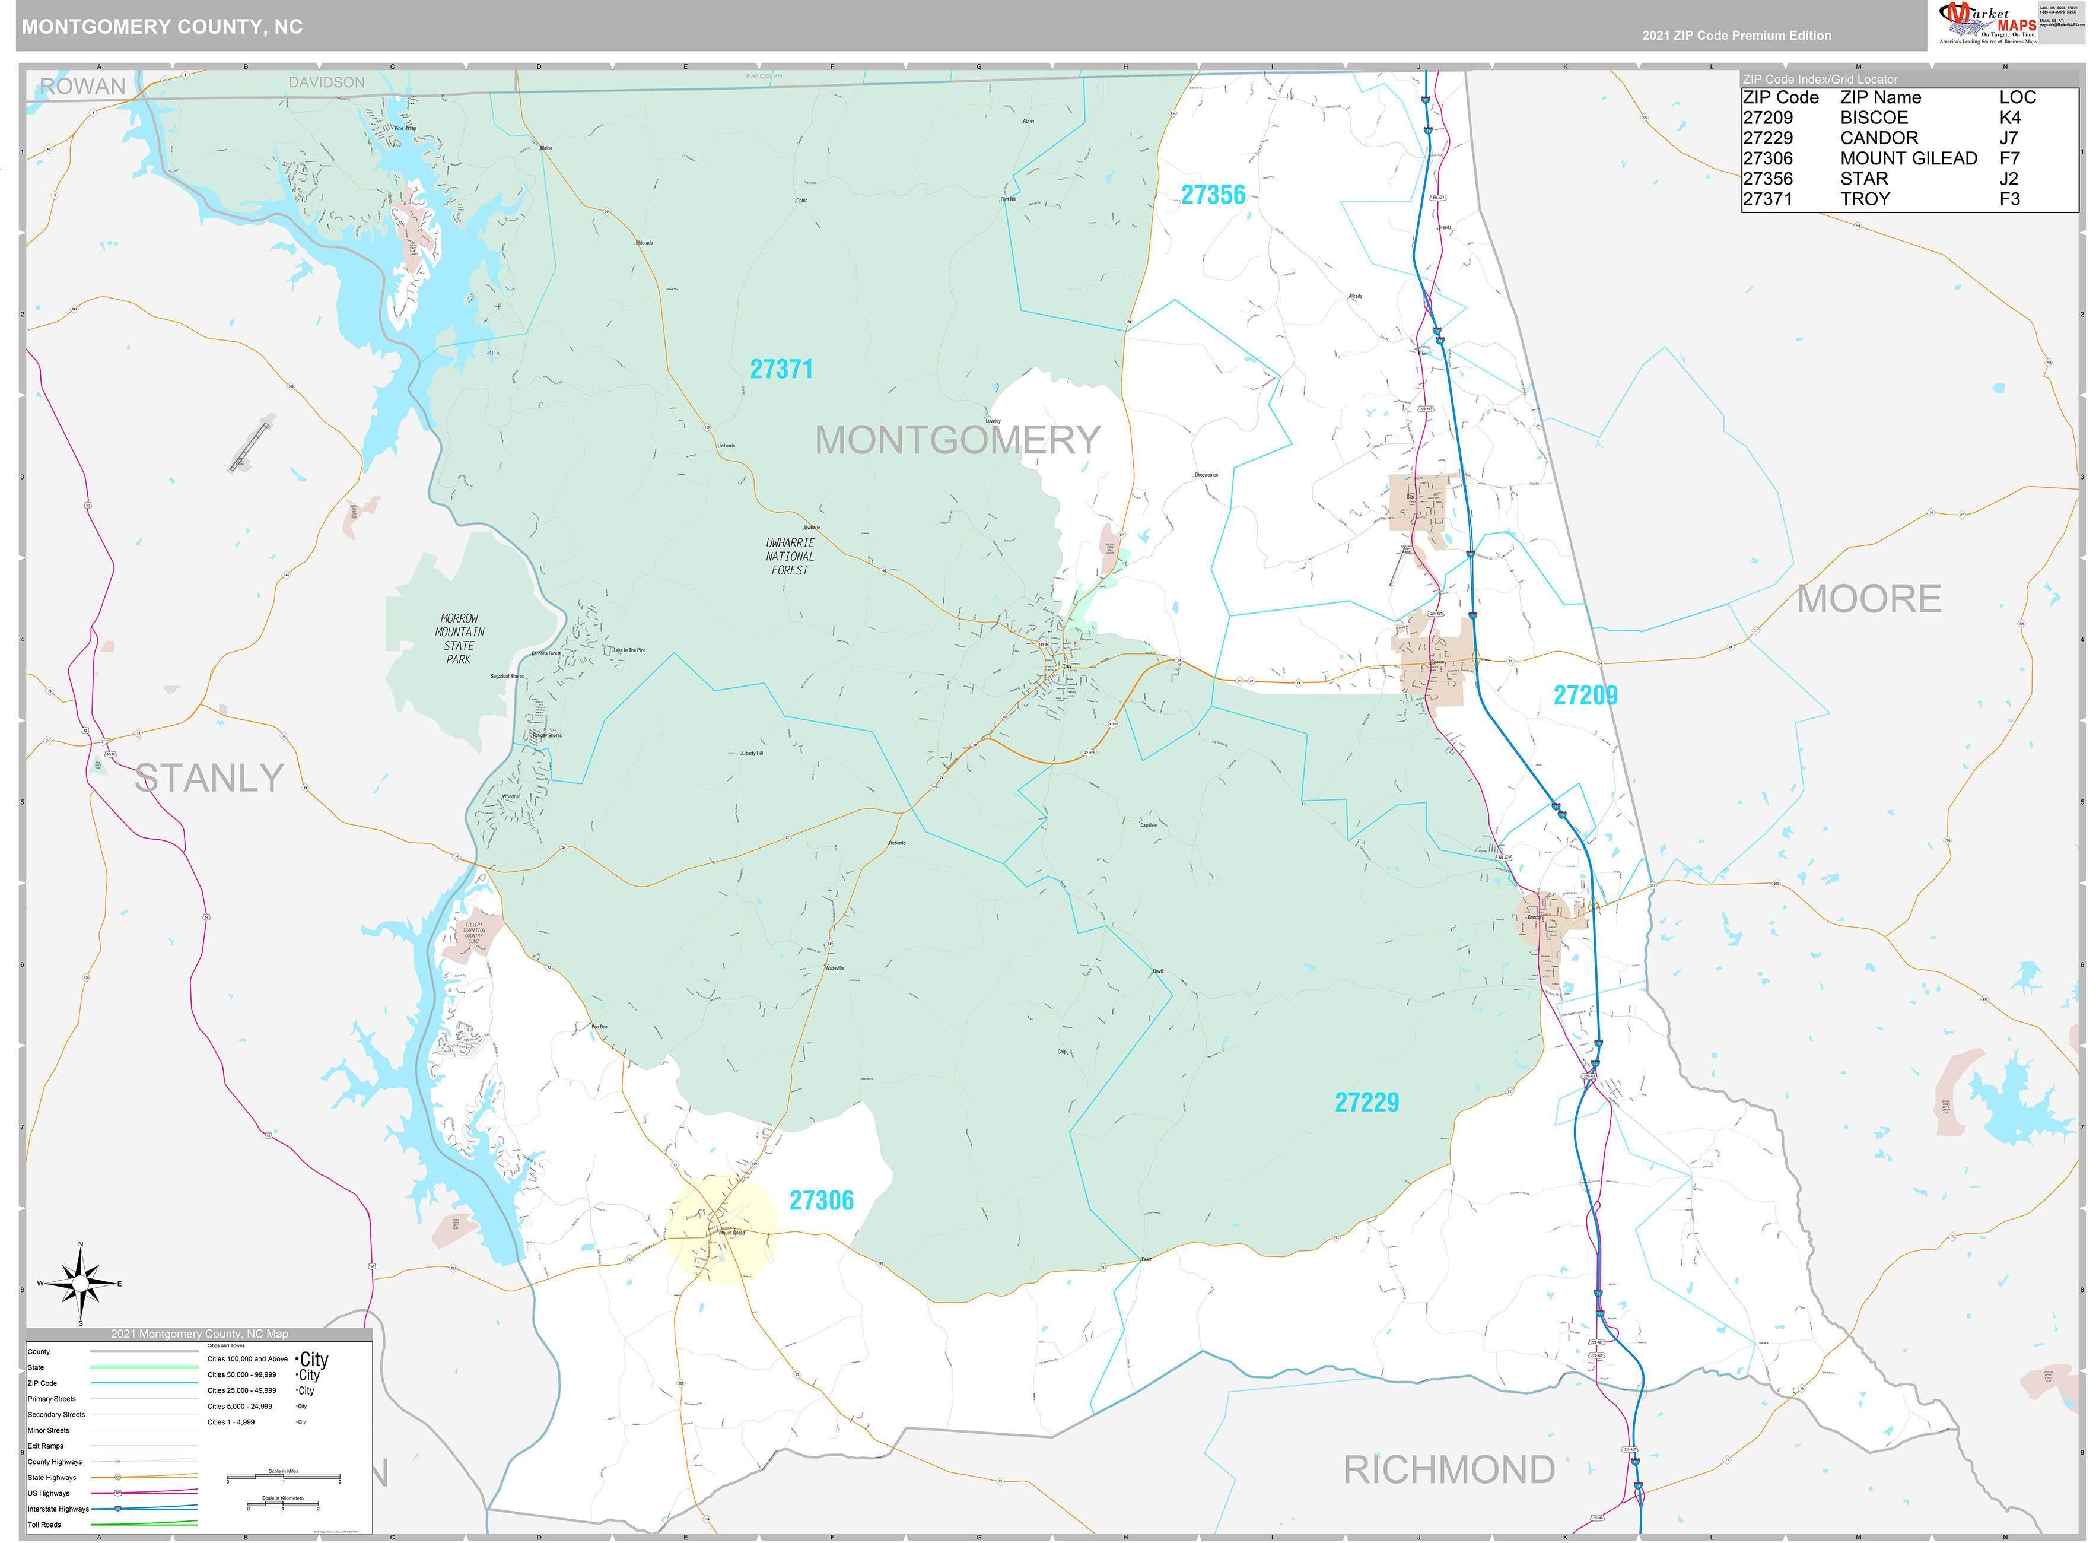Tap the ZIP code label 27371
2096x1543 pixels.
(x=781, y=370)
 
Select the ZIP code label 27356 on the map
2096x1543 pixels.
(x=1212, y=195)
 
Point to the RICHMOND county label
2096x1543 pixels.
(x=1448, y=1470)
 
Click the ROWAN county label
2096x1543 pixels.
(x=82, y=87)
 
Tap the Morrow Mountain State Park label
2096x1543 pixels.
(x=459, y=640)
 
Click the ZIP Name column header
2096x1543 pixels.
(x=1879, y=98)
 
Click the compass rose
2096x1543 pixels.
(x=80, y=1284)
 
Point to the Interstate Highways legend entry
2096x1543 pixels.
(x=58, y=1509)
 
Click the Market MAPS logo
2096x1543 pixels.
(x=1987, y=23)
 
